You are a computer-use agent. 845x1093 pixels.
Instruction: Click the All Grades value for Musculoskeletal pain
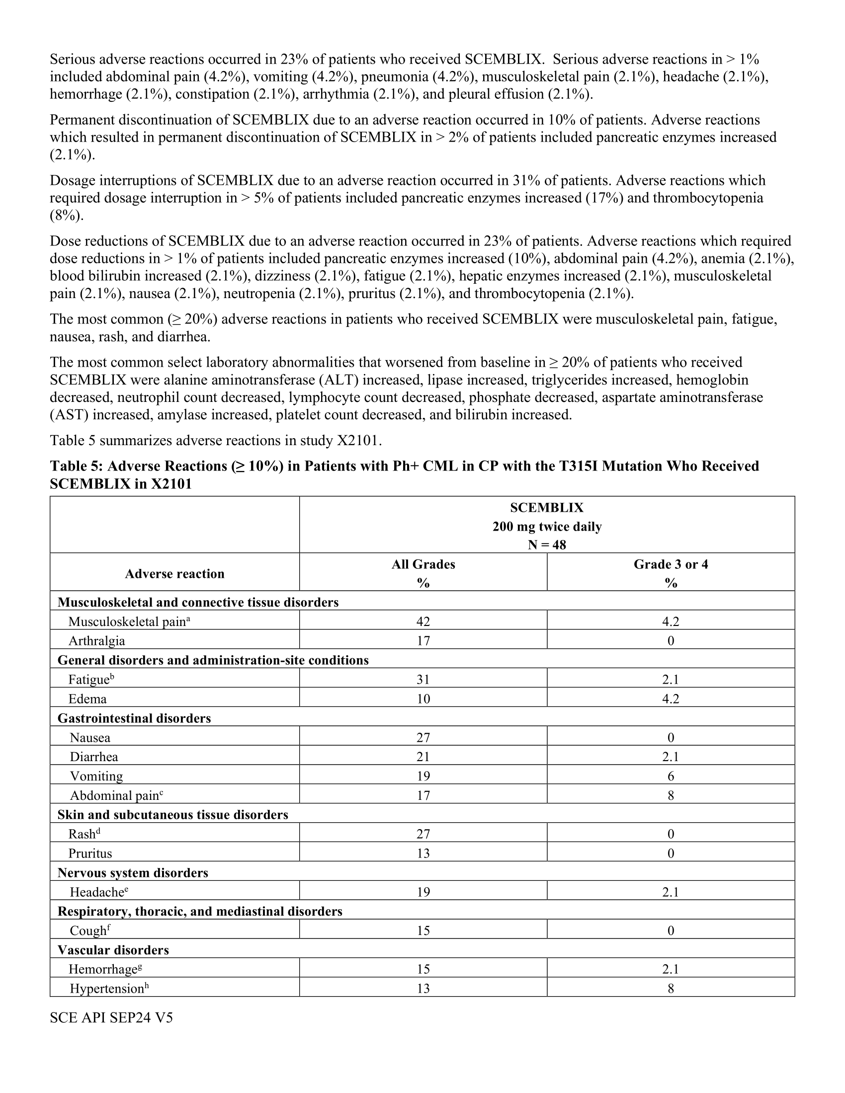pos(423,622)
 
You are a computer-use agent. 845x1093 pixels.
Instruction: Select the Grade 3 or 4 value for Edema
pos(671,699)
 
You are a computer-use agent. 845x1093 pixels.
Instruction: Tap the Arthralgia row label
pos(96,641)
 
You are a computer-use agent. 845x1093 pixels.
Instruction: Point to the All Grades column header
pos(423,564)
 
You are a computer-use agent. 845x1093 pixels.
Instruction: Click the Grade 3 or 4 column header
pos(671,564)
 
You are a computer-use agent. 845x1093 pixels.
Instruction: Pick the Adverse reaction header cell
pos(174,573)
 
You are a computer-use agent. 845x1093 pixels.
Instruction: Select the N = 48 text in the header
pos(547,545)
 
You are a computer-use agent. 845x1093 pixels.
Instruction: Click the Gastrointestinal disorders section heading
pos(134,718)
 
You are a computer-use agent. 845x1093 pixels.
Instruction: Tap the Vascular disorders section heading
pos(113,950)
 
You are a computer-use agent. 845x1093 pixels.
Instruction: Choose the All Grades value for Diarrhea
pos(423,757)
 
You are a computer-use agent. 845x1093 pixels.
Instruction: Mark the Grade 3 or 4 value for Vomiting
pos(671,776)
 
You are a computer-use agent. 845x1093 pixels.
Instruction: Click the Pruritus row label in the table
pos(90,853)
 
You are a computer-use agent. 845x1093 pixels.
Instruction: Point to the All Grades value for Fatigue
pos(423,680)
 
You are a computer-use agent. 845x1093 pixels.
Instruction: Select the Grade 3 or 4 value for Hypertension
pos(671,988)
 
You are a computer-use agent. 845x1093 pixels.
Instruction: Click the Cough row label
pos(88,931)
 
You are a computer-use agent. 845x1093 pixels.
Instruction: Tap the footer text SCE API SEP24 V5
pos(111,1018)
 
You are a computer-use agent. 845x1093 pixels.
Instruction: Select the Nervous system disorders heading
pos(133,873)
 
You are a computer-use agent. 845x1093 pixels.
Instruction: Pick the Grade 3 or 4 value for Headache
pos(671,892)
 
